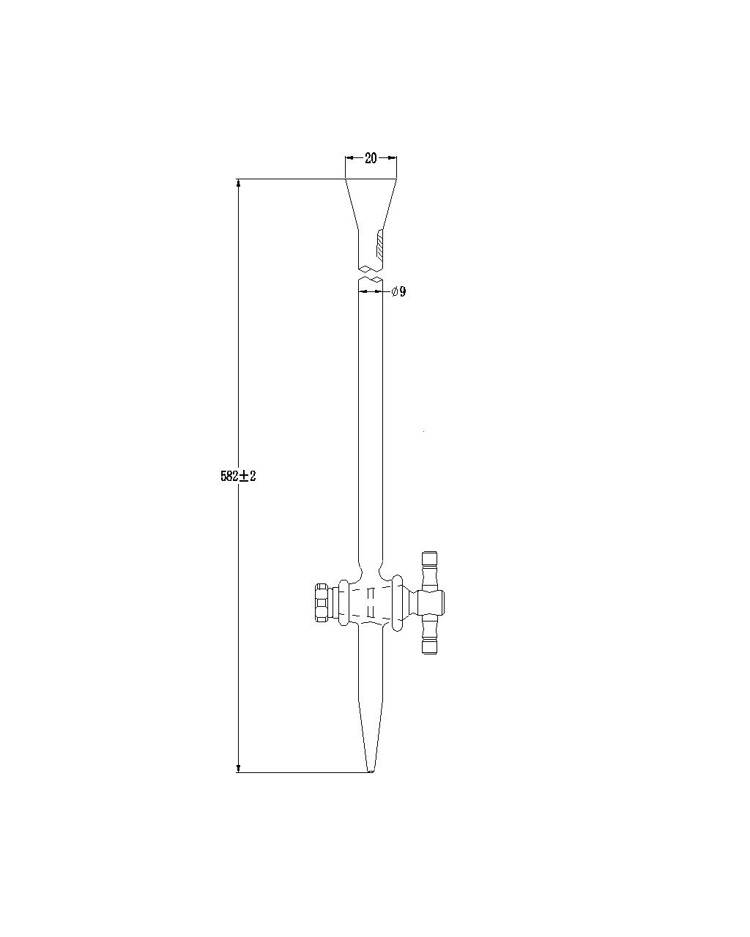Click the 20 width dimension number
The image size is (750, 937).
coord(371,158)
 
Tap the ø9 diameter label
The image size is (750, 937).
coord(398,292)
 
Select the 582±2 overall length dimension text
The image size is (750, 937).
coord(238,476)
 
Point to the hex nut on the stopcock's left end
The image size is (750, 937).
coord(321,602)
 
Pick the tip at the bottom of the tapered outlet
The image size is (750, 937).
coord(371,770)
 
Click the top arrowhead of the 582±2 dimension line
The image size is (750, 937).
coord(238,183)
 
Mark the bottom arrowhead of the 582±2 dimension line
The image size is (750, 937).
coord(238,767)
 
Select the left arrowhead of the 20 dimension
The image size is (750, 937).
coord(349,157)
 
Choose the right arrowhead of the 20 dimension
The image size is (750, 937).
coord(393,157)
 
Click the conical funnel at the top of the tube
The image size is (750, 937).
coord(371,205)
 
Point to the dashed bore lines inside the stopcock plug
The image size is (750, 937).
coord(370,602)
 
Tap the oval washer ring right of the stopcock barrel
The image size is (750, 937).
coord(398,602)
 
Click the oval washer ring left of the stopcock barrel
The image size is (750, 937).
coord(341,602)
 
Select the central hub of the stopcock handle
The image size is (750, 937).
coord(431,602)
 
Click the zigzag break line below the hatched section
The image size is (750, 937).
coord(371,268)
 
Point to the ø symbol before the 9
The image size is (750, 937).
coord(394,292)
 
